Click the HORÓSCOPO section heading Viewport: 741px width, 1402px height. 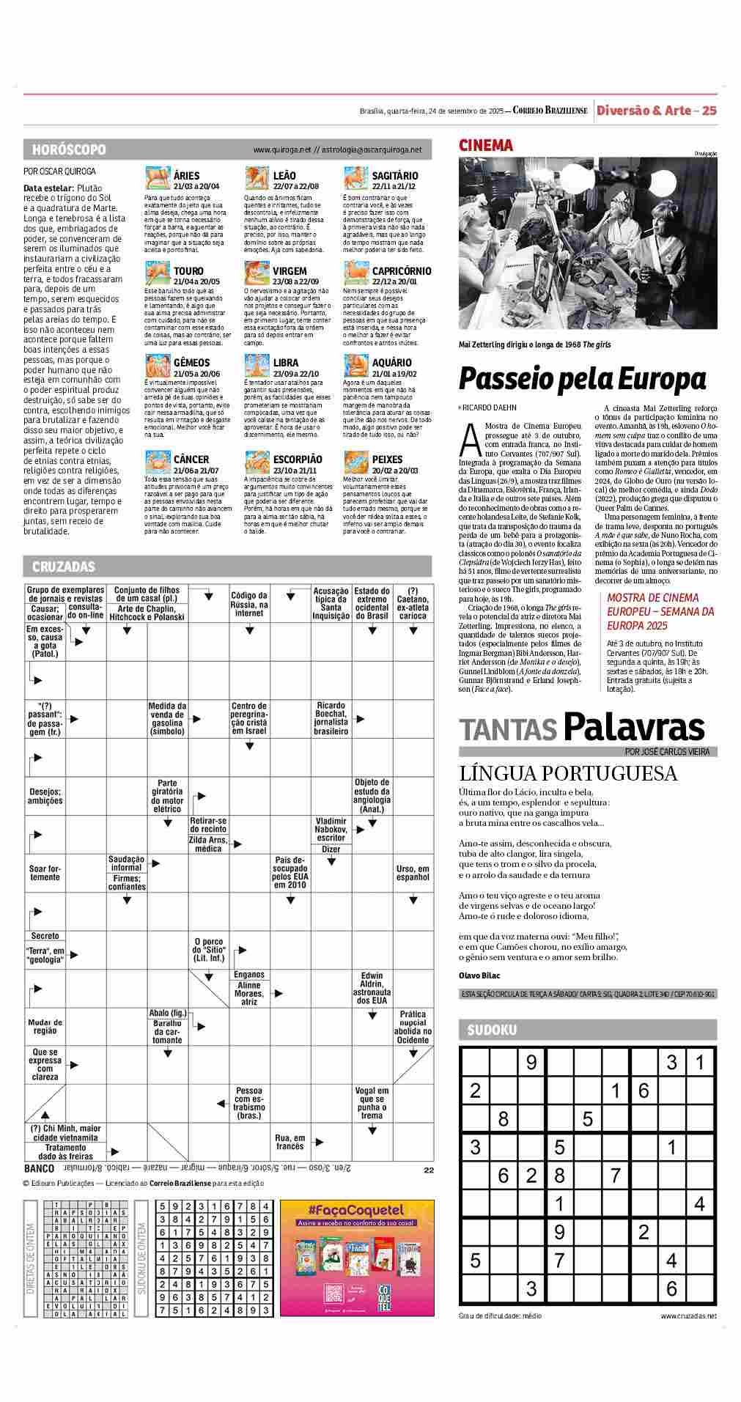[69, 150]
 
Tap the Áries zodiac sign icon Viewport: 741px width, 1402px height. [158, 179]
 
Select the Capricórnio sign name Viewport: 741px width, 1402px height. [401, 271]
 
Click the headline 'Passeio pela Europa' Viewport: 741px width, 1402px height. [582, 379]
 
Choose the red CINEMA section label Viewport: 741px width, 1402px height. [486, 145]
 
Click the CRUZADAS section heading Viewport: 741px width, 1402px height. [64, 567]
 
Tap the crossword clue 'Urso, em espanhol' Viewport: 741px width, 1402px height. [413, 873]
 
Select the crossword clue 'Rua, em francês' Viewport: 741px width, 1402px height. [290, 1142]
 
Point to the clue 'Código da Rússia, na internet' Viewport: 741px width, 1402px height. [249, 604]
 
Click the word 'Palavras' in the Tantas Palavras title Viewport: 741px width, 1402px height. [634, 727]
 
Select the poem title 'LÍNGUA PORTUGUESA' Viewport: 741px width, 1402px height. [568, 774]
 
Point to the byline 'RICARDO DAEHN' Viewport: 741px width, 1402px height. [490, 407]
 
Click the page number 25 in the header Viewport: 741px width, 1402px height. [709, 111]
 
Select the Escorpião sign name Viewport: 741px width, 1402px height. [297, 460]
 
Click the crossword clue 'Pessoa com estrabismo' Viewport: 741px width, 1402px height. [249, 1103]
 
